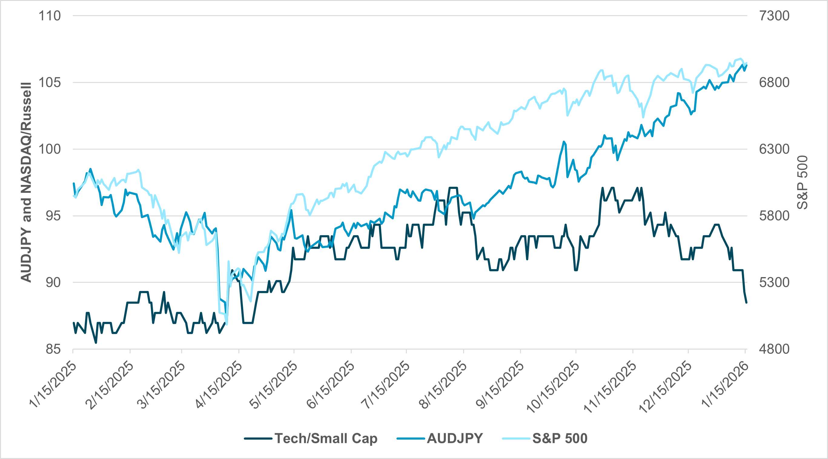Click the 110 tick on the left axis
pos(49,16)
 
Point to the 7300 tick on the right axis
pos(774,16)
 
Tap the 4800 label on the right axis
pos(774,349)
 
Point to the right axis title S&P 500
pos(803,182)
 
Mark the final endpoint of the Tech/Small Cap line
pos(746,302)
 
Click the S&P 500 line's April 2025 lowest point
pos(227,324)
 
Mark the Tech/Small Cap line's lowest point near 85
pos(96,343)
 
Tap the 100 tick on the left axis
pos(49,149)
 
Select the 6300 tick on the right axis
pos(774,149)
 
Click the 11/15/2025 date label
pos(610,386)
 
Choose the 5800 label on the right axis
pos(774,216)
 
